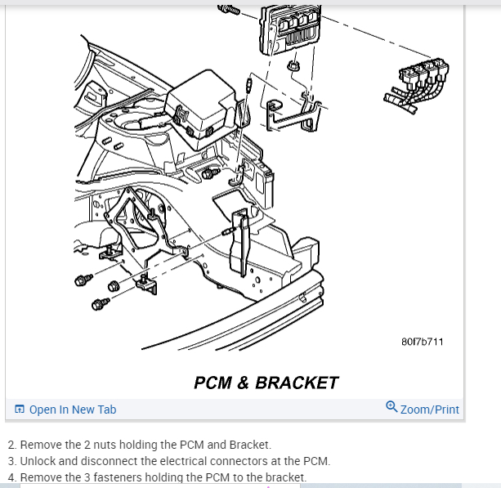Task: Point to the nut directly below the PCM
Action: pyautogui.click(x=293, y=65)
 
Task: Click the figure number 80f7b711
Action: pyautogui.click(x=423, y=341)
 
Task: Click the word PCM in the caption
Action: pyautogui.click(x=214, y=383)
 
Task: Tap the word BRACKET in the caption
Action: pyautogui.click(x=297, y=383)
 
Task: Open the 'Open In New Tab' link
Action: pyautogui.click(x=73, y=410)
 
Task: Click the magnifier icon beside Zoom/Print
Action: pyautogui.click(x=391, y=407)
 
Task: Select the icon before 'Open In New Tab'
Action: pyautogui.click(x=20, y=410)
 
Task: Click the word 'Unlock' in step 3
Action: pyautogui.click(x=38, y=461)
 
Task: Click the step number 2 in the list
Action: pyautogui.click(x=11, y=445)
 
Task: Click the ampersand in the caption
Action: pyautogui.click(x=243, y=383)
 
